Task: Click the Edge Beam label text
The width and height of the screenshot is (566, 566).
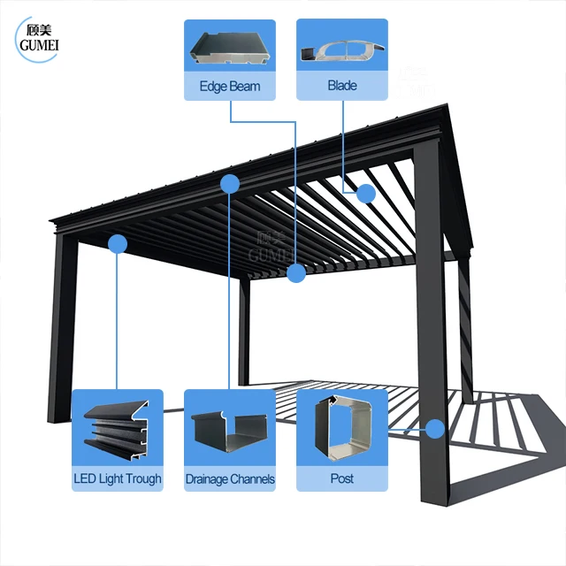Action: (x=230, y=87)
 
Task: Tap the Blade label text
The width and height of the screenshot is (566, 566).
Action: (x=341, y=86)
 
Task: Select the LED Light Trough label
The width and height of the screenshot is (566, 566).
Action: (x=118, y=478)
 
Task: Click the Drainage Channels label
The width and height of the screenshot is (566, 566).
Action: (x=230, y=479)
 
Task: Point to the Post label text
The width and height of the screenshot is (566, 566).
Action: (x=341, y=478)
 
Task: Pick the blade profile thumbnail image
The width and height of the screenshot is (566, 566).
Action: (x=341, y=50)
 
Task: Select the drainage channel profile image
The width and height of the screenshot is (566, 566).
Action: (x=229, y=431)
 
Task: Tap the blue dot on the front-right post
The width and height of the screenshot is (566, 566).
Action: (x=435, y=429)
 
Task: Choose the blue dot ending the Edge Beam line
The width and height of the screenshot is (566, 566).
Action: (x=296, y=272)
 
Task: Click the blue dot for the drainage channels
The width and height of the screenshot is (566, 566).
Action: (x=230, y=184)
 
